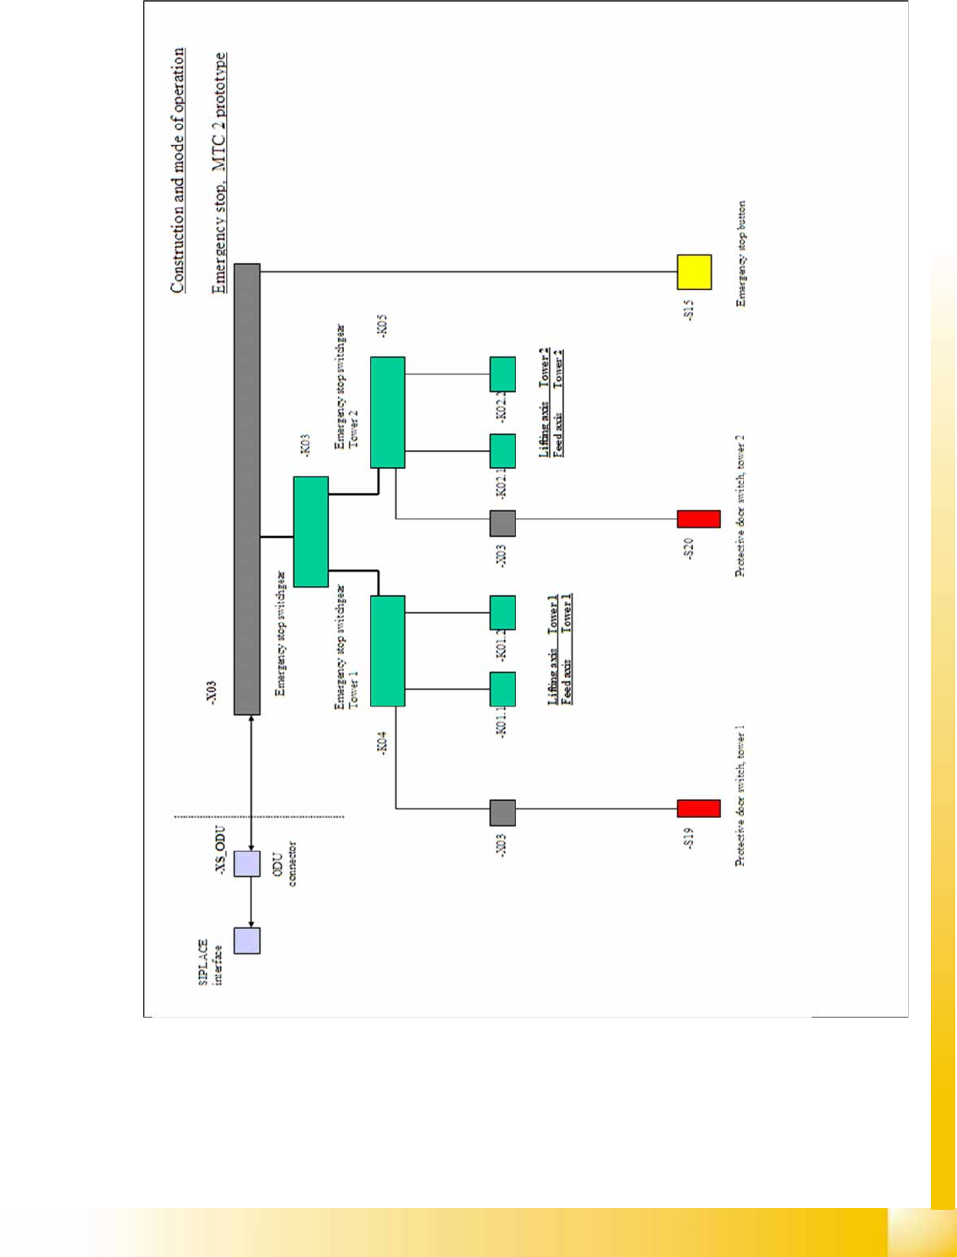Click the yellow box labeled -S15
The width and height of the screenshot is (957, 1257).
pos(694,272)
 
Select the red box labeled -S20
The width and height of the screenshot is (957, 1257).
pos(698,519)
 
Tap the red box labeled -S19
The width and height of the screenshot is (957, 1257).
pos(698,808)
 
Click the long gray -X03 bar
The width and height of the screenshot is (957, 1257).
pos(247,489)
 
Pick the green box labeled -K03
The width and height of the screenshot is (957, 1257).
pos(310,531)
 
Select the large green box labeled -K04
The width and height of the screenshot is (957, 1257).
pos(387,651)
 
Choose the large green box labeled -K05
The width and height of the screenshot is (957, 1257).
pos(387,412)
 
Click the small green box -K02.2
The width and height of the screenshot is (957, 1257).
pos(503,374)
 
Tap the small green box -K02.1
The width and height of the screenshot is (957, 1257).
pos(503,451)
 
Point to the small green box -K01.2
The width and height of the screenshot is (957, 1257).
pos(503,613)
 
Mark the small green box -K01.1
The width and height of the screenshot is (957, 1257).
pos(503,690)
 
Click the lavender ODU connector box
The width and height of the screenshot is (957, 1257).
pos(247,863)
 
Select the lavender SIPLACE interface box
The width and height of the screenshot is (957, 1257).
pos(247,940)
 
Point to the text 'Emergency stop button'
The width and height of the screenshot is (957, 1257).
pos(741,253)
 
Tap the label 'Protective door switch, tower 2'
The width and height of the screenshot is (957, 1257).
pos(740,506)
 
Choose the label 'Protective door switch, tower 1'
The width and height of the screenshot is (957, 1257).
pos(740,795)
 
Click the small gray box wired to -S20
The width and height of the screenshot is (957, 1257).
pos(503,524)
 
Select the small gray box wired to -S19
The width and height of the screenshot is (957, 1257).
pos(503,813)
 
